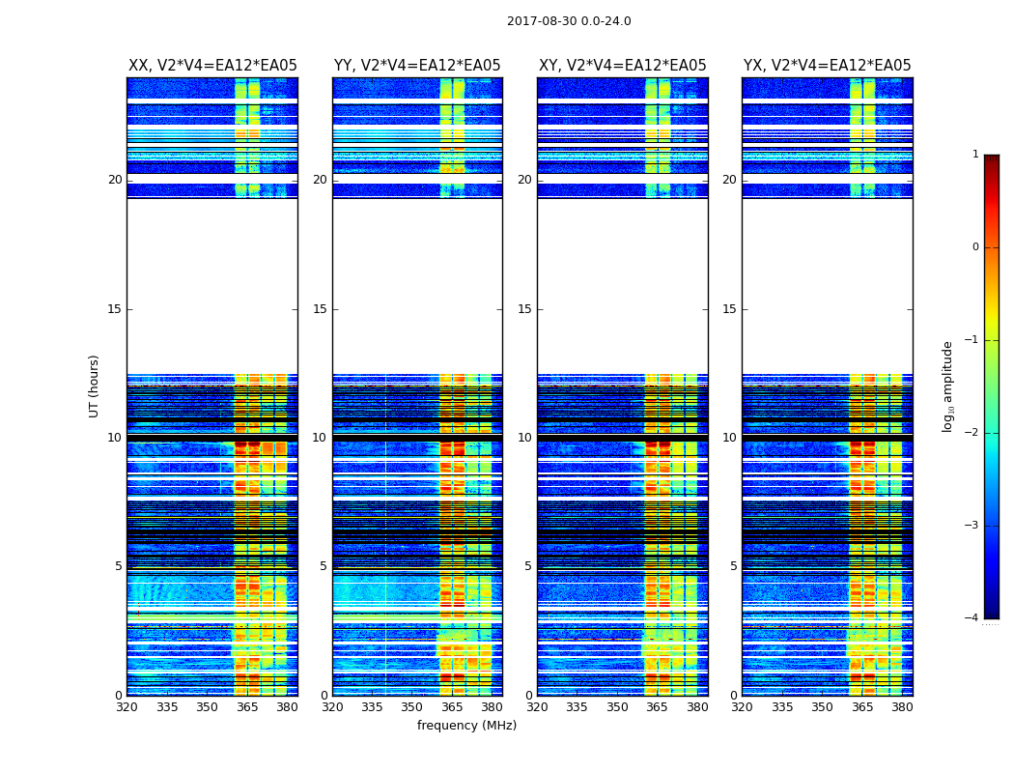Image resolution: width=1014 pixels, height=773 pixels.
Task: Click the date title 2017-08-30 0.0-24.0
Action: (x=569, y=21)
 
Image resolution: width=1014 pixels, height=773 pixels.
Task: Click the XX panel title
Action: (x=212, y=66)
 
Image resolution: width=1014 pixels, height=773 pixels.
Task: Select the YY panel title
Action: (x=417, y=66)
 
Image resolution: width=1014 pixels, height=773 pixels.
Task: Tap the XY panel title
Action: (x=623, y=66)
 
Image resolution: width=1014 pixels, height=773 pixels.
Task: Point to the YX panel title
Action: (x=828, y=66)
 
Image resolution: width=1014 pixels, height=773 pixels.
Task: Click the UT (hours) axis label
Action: (x=95, y=386)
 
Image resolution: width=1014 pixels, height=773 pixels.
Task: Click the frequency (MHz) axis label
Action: (x=466, y=726)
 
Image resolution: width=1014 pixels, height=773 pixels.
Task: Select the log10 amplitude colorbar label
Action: (x=948, y=386)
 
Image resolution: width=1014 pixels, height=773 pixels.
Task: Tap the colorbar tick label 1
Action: (x=975, y=155)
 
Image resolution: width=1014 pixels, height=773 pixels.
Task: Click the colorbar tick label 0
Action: (x=975, y=247)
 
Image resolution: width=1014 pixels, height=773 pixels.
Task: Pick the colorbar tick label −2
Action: (x=972, y=433)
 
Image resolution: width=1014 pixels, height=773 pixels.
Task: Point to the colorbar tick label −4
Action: (x=972, y=618)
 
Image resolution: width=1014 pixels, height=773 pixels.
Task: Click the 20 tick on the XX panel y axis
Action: (x=115, y=180)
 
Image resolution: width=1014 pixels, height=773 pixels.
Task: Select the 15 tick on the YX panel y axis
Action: (x=730, y=309)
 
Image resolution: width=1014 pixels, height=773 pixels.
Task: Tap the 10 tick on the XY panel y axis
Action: (x=524, y=438)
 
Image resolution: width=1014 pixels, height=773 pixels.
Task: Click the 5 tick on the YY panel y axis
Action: (x=324, y=566)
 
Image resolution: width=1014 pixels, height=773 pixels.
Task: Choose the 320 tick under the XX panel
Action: (x=127, y=707)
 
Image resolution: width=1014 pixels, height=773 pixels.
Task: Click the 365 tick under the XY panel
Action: (x=657, y=707)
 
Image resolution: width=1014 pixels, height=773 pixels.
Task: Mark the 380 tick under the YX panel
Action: (x=902, y=707)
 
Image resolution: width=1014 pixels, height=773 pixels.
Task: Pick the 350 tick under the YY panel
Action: (x=411, y=707)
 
